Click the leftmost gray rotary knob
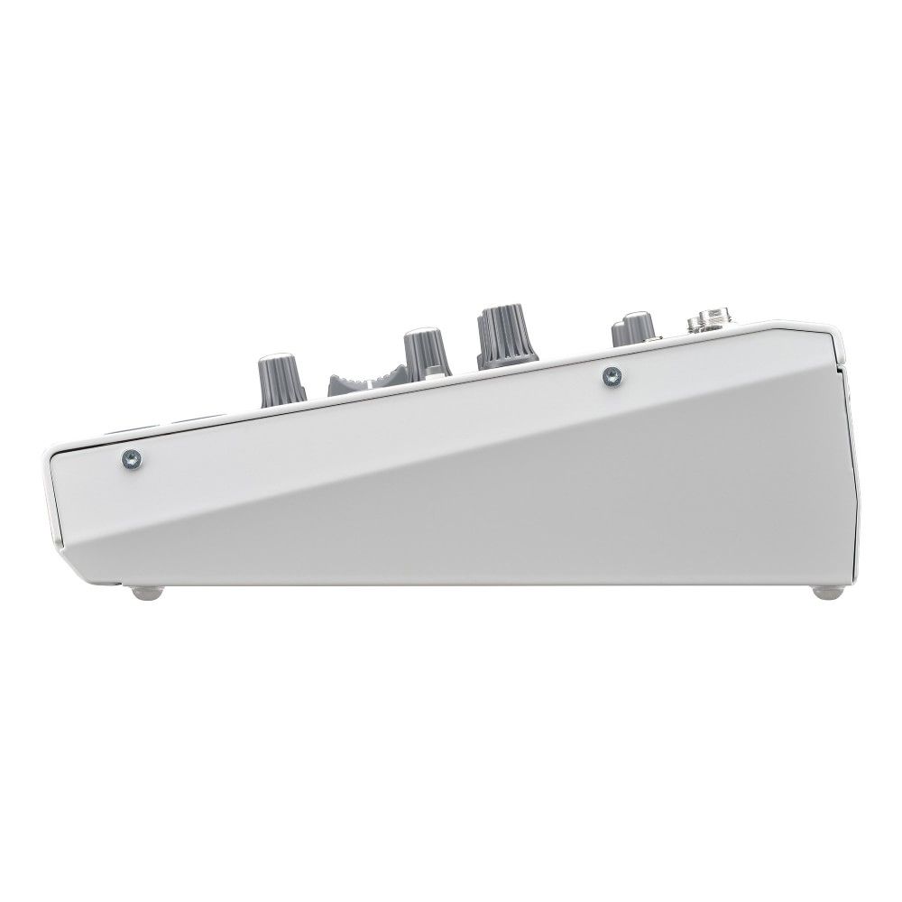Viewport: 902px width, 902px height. coord(281,379)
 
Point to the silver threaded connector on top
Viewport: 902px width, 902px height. coord(709,321)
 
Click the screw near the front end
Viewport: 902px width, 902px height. coord(132,460)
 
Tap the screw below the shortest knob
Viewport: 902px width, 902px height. coord(612,376)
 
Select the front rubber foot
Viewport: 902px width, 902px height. coord(147,593)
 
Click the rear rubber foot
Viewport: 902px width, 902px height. coord(827,593)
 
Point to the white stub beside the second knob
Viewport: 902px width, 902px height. coord(437,371)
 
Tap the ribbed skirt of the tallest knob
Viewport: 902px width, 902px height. coord(507,356)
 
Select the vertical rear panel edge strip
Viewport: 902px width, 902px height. coord(852,469)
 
